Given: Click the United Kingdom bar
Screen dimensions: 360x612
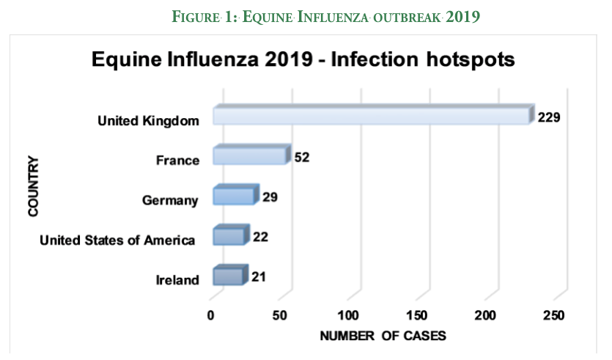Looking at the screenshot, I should click(x=370, y=117).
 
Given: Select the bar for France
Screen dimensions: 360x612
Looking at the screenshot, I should click(x=249, y=156).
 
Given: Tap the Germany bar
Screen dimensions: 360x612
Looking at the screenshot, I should click(x=234, y=196).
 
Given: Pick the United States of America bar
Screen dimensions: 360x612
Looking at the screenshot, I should click(x=229, y=236).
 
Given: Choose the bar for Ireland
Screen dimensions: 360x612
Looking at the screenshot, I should click(x=228, y=276).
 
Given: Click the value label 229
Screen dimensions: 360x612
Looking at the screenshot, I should click(x=549, y=117).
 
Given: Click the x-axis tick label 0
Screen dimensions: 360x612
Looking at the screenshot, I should click(x=211, y=316).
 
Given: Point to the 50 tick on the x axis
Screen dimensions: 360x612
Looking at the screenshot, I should click(x=279, y=316).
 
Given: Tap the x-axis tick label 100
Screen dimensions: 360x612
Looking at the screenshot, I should click(x=348, y=316).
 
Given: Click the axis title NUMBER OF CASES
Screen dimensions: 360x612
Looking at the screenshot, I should click(x=383, y=336).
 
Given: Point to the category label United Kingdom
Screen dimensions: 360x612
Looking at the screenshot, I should click(x=148, y=120).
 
